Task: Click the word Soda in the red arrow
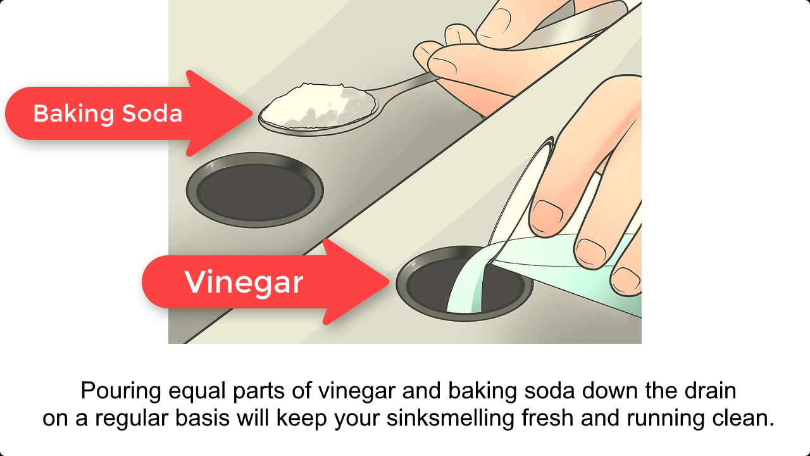pyautogui.click(x=152, y=113)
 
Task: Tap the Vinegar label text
pyautogui.click(x=244, y=282)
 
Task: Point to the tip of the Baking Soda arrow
pyautogui.click(x=252, y=113)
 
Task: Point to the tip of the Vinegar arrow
pyautogui.click(x=389, y=282)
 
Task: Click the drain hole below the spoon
pyautogui.click(x=255, y=189)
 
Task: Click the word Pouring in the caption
pyautogui.click(x=121, y=391)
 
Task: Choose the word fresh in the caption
pyautogui.click(x=547, y=418)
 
